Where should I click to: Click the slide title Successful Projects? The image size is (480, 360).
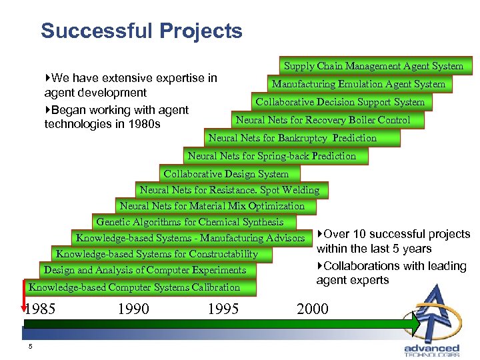pyautogui.click(x=141, y=31)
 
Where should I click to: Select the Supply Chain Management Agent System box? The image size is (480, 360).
pyautogui.click(x=373, y=66)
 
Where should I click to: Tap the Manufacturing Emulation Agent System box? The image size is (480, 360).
pyautogui.click(x=358, y=84)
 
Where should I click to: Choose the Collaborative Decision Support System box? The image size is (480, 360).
pyautogui.click(x=340, y=102)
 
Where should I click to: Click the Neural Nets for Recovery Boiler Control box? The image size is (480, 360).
pyautogui.click(x=323, y=120)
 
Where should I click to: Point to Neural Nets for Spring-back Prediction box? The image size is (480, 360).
pyautogui.click(x=272, y=156)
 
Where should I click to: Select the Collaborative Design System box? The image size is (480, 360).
pyautogui.click(x=226, y=174)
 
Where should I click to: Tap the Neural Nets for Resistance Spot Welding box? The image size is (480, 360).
pyautogui.click(x=229, y=190)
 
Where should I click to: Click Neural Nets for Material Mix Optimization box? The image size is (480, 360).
pyautogui.click(x=212, y=206)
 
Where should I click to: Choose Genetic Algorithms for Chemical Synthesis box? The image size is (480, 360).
pyautogui.click(x=190, y=222)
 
